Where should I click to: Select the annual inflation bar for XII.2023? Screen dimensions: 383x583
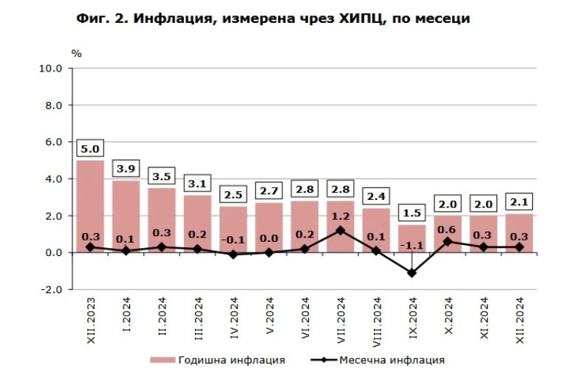(x=90, y=207)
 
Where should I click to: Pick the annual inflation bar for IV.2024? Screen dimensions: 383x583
(x=233, y=230)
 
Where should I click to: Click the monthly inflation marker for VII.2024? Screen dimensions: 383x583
(x=341, y=230)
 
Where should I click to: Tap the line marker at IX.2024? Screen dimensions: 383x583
(x=412, y=273)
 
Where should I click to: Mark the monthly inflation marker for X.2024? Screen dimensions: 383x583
(x=448, y=241)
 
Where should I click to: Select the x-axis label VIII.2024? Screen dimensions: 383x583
(x=377, y=317)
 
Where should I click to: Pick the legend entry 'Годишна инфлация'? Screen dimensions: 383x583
(x=219, y=360)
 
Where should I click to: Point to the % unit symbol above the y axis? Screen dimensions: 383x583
(x=77, y=53)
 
